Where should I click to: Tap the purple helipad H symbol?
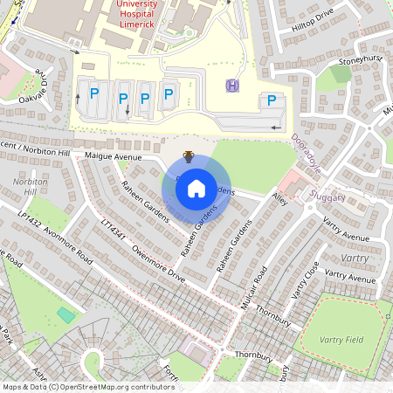pyautogui.click(x=232, y=85)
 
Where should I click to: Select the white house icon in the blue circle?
pyautogui.click(x=196, y=188)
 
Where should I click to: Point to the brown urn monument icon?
pyautogui.click(x=188, y=156)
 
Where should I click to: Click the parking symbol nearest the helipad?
pyautogui.click(x=271, y=100)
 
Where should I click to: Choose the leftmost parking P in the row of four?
pyautogui.click(x=94, y=93)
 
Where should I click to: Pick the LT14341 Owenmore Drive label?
pyautogui.click(x=143, y=255)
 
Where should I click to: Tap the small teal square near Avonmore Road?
pyautogui.click(x=65, y=313)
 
